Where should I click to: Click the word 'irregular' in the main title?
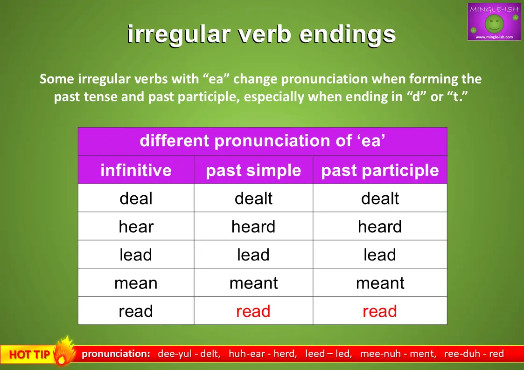(179, 34)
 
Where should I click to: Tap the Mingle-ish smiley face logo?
(494, 22)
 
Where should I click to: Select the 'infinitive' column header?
(136, 170)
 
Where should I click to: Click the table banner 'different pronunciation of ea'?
(262, 140)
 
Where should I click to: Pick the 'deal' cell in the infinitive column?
(136, 198)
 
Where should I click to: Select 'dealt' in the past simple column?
(253, 198)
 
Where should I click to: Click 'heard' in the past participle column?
(380, 226)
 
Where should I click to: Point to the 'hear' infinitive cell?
(136, 226)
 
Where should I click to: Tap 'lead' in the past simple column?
(253, 254)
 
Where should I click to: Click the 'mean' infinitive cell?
(136, 283)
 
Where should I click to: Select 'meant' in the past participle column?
(380, 283)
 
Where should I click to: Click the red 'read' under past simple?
(253, 311)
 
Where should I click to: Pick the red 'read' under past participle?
(380, 311)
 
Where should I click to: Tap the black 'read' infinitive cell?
(136, 311)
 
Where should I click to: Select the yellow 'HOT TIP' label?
(29, 354)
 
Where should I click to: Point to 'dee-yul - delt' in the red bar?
(189, 354)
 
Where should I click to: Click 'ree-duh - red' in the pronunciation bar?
(474, 354)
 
